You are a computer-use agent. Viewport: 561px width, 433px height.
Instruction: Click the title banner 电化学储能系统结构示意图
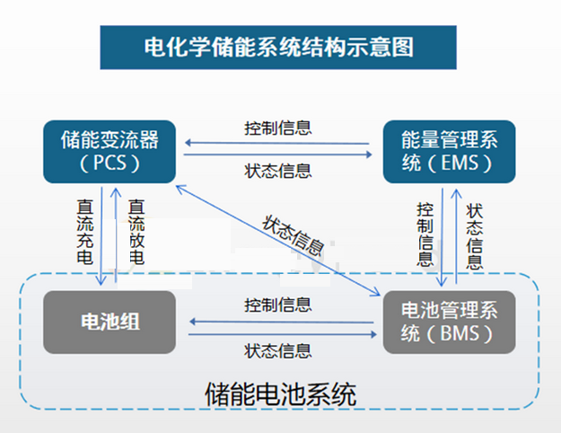[x=278, y=48]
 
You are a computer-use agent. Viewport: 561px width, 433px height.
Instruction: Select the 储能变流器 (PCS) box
[x=110, y=152]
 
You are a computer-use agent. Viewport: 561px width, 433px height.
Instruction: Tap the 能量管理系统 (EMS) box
[x=449, y=152]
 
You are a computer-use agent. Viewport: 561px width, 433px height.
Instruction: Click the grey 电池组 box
[x=110, y=322]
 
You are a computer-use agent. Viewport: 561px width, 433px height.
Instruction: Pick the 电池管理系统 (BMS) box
[x=449, y=322]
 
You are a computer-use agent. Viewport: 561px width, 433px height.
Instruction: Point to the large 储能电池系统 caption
[x=280, y=394]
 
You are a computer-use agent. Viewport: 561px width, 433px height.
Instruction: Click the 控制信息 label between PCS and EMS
[x=278, y=128]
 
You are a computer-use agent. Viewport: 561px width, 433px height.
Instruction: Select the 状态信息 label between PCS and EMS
[x=278, y=171]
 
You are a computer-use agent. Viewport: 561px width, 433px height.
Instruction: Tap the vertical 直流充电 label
[x=85, y=232]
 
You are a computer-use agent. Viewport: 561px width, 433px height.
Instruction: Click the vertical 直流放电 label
[x=136, y=232]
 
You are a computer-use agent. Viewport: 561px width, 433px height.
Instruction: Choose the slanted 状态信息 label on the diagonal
[x=293, y=235]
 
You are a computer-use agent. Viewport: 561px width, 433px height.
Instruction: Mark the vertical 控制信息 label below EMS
[x=425, y=234]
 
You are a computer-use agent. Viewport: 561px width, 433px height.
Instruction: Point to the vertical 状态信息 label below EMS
[x=475, y=236]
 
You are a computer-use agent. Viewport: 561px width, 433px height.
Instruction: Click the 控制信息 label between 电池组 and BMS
[x=278, y=305]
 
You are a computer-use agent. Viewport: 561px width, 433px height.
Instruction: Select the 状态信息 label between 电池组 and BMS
[x=278, y=350]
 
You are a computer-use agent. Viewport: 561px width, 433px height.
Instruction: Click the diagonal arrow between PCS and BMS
[x=278, y=241]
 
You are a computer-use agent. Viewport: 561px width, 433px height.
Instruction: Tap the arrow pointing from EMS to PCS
[x=277, y=143]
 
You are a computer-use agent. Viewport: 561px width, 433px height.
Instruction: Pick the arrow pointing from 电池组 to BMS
[x=283, y=334]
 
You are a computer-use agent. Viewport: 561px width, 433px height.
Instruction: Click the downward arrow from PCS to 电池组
[x=101, y=236]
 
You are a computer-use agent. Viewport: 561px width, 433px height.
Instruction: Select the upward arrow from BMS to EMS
[x=456, y=236]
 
